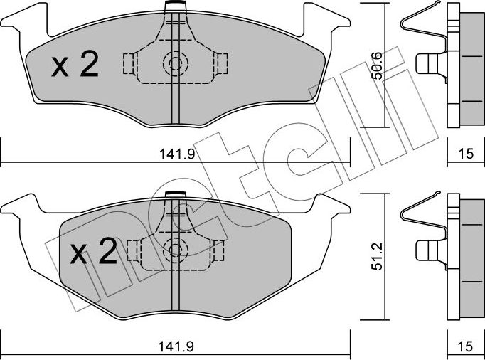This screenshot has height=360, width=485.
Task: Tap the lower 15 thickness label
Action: tap(465, 349)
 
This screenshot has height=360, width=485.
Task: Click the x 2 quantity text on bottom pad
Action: tap(93, 253)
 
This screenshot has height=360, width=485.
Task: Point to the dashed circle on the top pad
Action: tap(174, 63)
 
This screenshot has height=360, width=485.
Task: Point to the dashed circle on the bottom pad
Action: tap(174, 248)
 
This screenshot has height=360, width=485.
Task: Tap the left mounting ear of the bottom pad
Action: tap(21, 208)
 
